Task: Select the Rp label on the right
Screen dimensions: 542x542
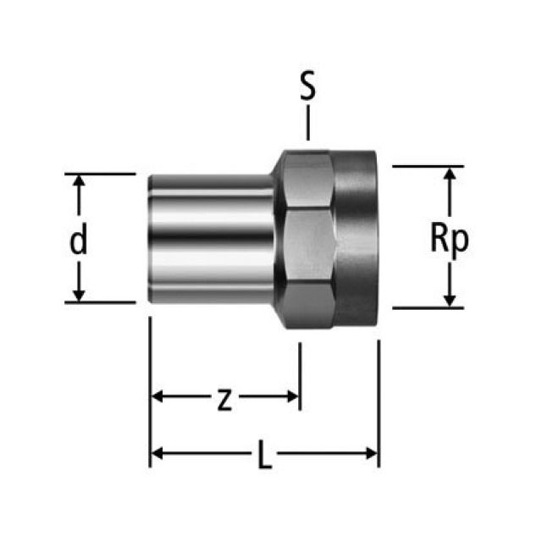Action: (x=450, y=240)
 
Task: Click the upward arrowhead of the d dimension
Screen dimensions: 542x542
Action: (x=79, y=181)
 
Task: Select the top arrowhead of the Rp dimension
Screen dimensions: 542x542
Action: (x=450, y=174)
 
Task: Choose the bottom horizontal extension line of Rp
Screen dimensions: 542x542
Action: (x=428, y=307)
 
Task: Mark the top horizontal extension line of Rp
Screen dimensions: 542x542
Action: (x=428, y=166)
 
